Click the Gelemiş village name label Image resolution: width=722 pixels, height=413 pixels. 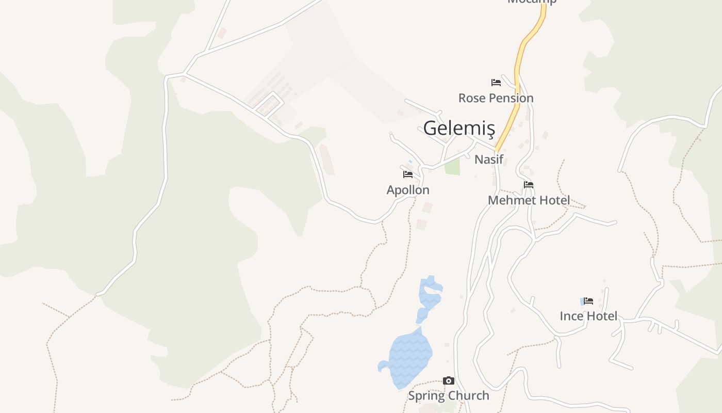[458, 129]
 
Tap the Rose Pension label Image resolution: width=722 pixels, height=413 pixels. [496, 98]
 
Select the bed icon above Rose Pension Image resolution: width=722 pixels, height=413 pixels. [496, 83]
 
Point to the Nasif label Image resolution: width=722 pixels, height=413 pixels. [488, 159]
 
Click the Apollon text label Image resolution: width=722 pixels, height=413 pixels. [408, 190]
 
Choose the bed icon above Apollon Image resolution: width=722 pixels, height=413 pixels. [408, 174]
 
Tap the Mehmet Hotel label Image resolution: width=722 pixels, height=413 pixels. [529, 200]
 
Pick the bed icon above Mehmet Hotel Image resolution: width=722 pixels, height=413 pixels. [529, 185]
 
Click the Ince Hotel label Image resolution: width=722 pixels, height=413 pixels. [588, 316]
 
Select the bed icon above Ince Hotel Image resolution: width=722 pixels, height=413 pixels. [588, 300]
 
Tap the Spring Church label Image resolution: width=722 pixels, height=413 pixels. [448, 396]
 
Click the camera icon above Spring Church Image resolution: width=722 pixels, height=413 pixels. [449, 381]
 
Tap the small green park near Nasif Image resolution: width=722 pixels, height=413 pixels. [452, 167]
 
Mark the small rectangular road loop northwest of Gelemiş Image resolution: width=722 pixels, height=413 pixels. [269, 104]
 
